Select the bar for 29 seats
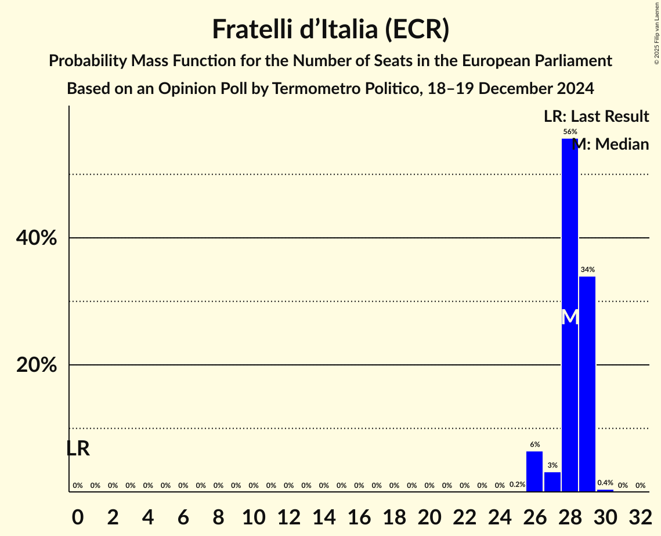tap(587, 383)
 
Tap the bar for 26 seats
tap(534, 471)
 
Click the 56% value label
tap(570, 132)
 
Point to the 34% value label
tap(587, 270)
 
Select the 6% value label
tap(534, 444)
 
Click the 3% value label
tap(552, 465)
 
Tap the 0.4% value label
tap(605, 483)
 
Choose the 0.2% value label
tap(517, 484)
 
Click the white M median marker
tap(570, 317)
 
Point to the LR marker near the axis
tap(78, 448)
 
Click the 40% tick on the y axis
tap(36, 238)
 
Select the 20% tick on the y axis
tap(36, 365)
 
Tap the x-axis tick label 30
tap(605, 516)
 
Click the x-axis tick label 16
tap(359, 516)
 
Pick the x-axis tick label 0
tap(78, 516)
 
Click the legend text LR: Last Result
tap(596, 117)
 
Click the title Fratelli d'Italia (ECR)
tap(330, 29)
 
